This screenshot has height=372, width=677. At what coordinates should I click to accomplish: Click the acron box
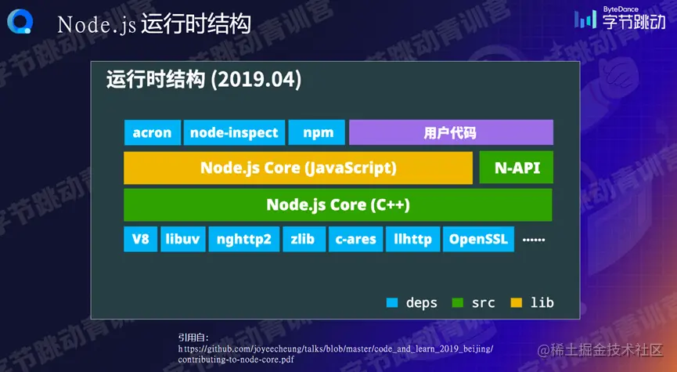(153, 132)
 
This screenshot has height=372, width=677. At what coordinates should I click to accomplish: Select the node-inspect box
(234, 132)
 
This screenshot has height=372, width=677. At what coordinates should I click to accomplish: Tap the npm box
(316, 132)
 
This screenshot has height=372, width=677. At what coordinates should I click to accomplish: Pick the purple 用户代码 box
(451, 132)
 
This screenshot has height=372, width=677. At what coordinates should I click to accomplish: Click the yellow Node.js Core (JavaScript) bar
(298, 168)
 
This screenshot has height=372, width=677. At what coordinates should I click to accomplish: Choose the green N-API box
(516, 168)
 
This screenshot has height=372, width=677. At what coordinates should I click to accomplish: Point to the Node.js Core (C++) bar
(337, 204)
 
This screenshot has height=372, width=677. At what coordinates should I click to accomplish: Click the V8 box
(140, 239)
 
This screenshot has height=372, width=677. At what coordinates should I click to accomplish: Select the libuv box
(182, 239)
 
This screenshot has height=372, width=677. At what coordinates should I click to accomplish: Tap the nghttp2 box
(244, 239)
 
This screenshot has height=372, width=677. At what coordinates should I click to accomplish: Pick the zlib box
(304, 239)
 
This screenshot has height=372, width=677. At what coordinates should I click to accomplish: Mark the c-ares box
(356, 239)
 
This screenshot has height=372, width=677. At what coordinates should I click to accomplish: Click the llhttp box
(412, 239)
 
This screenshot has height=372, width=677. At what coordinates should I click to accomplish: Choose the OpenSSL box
(478, 239)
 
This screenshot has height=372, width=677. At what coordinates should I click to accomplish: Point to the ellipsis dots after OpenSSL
(534, 240)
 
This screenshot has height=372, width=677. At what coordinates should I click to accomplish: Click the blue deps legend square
(392, 302)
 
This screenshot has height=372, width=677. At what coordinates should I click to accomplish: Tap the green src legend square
(457, 302)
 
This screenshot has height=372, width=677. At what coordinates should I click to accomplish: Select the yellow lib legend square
(517, 302)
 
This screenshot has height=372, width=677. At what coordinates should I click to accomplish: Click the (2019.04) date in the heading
(256, 81)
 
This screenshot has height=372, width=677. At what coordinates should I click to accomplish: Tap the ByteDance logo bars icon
(585, 20)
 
